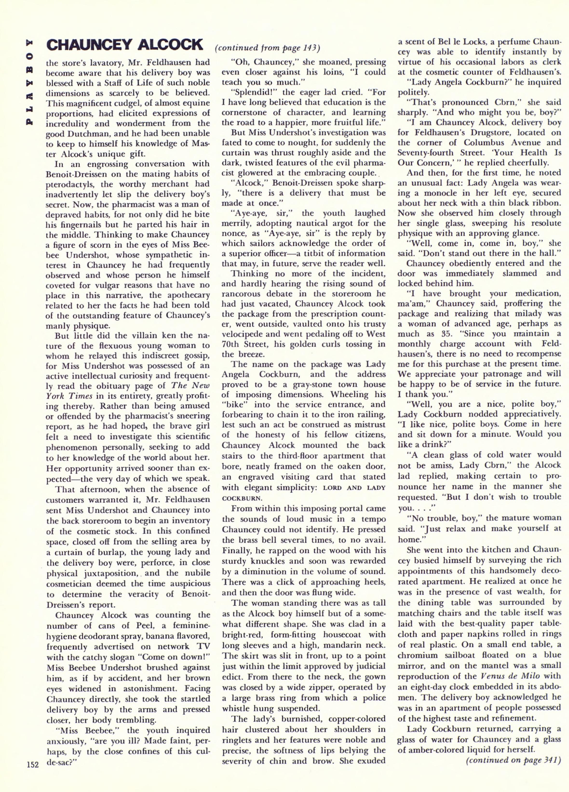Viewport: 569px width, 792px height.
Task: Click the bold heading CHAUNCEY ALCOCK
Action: coord(125,45)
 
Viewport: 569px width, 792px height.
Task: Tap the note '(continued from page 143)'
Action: coord(268,48)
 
